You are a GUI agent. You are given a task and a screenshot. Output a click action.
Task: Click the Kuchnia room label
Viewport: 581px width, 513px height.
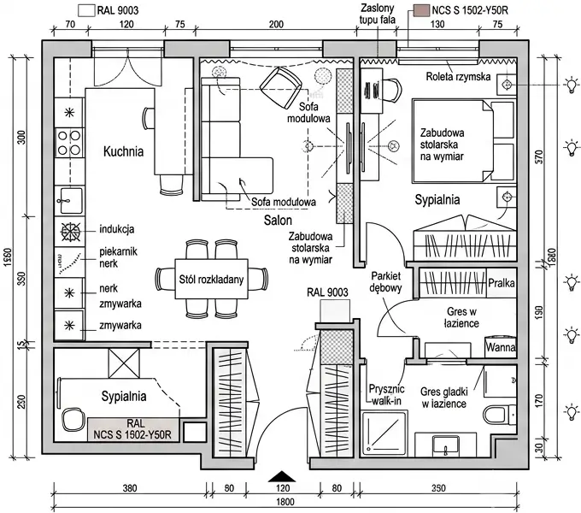(x=123, y=151)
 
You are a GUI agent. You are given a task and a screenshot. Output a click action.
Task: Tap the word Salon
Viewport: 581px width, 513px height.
(x=278, y=221)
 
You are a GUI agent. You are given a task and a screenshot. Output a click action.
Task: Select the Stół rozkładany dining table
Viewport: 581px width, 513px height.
(x=211, y=279)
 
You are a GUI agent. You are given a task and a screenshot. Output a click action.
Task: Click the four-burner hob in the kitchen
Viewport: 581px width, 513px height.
(x=69, y=143)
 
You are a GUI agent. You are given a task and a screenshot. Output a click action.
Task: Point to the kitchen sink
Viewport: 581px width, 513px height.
(x=69, y=200)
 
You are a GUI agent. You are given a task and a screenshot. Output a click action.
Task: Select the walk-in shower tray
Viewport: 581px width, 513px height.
(x=384, y=433)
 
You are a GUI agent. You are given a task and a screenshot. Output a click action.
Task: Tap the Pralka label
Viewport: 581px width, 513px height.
(x=502, y=283)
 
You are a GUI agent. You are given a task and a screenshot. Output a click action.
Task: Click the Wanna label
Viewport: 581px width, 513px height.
(x=501, y=347)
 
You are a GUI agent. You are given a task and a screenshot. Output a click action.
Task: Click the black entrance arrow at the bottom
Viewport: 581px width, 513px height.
(x=282, y=477)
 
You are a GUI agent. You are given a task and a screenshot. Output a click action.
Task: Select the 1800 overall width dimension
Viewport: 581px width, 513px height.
(x=285, y=502)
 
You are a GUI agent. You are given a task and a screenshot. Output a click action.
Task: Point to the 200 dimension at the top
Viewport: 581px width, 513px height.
(x=276, y=25)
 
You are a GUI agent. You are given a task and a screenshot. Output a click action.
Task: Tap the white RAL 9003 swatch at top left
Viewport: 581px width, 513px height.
(x=86, y=10)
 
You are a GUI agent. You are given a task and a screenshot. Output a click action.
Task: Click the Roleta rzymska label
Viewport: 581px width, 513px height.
(x=458, y=77)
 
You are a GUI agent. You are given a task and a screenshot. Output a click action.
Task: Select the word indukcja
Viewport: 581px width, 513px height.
(x=117, y=229)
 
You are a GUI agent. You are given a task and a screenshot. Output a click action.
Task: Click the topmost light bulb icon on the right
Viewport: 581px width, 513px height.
(x=571, y=85)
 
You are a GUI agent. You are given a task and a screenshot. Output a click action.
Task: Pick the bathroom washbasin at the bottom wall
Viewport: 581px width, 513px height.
(x=446, y=446)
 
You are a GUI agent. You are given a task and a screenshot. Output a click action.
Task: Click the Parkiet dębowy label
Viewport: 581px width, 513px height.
(x=385, y=281)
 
